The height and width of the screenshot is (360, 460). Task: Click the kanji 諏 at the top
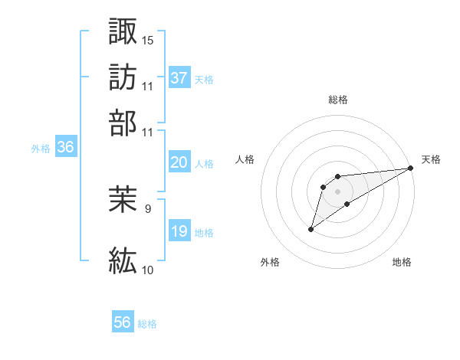click(x=123, y=31)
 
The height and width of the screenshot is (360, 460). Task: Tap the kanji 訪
click(x=123, y=77)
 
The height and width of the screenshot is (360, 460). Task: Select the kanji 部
click(x=123, y=123)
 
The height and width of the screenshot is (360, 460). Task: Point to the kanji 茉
click(x=123, y=201)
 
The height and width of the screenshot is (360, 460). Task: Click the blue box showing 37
click(x=179, y=77)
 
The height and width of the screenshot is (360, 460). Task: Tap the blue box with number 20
click(x=179, y=162)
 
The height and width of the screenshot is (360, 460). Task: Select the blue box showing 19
click(x=179, y=231)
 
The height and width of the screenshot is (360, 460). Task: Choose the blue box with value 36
click(x=65, y=148)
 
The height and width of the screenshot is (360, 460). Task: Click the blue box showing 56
click(x=123, y=322)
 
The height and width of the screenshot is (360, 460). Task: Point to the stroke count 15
click(x=148, y=39)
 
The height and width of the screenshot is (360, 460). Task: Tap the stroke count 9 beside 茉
click(x=148, y=208)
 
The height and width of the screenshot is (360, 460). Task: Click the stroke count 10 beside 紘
click(x=148, y=270)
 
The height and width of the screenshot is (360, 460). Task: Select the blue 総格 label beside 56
click(x=147, y=324)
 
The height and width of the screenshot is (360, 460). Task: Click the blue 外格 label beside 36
click(x=40, y=149)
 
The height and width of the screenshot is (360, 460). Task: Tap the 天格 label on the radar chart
click(x=431, y=159)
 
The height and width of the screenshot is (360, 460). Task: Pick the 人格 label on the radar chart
click(x=245, y=159)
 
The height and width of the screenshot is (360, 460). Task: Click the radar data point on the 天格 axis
click(x=411, y=169)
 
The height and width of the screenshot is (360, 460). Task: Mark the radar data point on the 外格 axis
click(x=311, y=229)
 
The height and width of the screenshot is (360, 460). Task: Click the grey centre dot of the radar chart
click(x=338, y=191)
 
